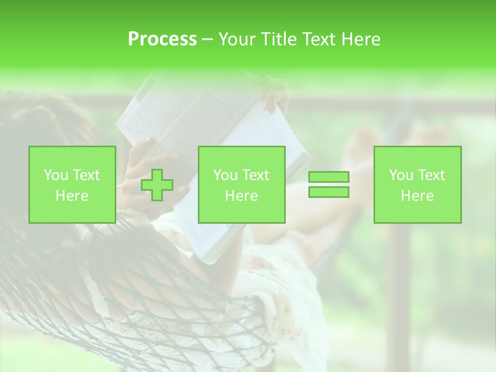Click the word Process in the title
point(162,39)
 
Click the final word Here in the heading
point(362,39)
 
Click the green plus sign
point(157,185)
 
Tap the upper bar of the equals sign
point(329,177)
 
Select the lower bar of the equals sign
point(329,192)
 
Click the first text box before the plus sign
point(72,184)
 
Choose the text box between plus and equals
point(241,184)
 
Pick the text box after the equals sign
point(417,184)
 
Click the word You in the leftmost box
point(55,175)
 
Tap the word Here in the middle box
point(241,196)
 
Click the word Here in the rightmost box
point(417,196)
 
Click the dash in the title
point(207,39)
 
